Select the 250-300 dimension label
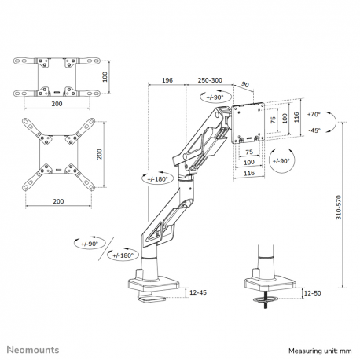click(209, 80)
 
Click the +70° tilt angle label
click(314, 113)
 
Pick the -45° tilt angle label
click(314, 130)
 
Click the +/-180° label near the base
click(124, 255)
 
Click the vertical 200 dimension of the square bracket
click(100, 154)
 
